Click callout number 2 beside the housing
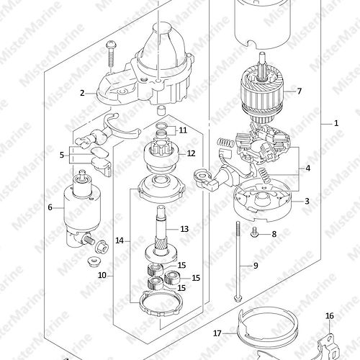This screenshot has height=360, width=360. pos(82,93)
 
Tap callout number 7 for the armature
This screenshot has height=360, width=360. pos(299,91)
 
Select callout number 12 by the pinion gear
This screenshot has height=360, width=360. pos(191,153)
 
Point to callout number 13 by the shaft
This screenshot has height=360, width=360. pos(184,229)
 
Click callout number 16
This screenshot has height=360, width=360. pos(330,316)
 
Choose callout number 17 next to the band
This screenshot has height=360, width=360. pos(217,333)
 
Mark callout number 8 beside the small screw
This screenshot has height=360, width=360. pos(274,234)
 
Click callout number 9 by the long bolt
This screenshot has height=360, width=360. pos(256,266)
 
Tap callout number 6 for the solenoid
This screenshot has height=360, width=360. pos(50,207)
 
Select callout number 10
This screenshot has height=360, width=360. pos(102,275)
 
